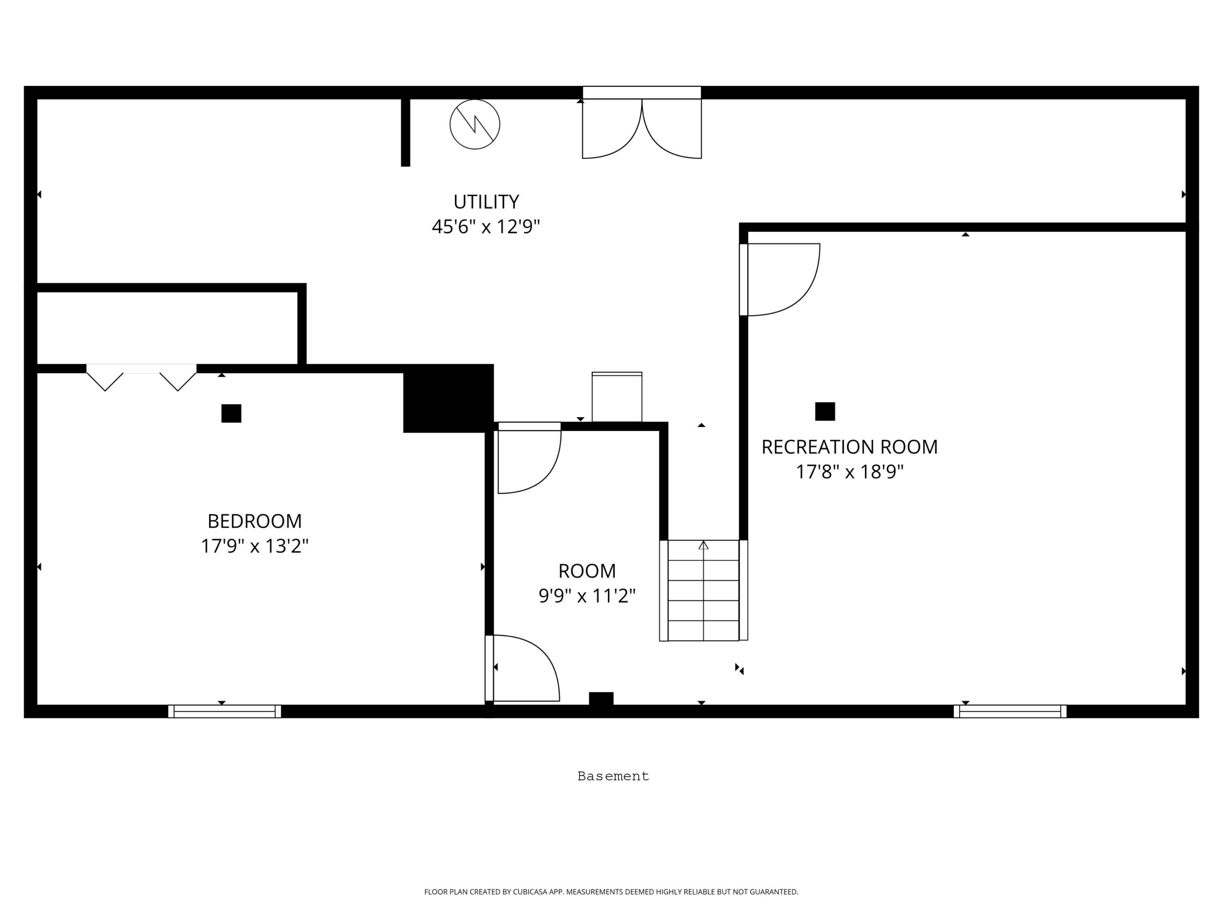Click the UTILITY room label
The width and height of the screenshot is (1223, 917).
point(486,202)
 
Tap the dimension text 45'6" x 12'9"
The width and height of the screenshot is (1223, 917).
point(486,227)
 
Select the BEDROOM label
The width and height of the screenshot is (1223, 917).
point(254,521)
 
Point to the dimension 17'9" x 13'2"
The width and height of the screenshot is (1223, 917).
point(254,546)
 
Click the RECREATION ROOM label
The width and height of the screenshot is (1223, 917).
point(849,447)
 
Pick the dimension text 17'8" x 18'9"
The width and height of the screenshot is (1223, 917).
point(849,472)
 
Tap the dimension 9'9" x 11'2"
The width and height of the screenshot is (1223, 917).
point(587,596)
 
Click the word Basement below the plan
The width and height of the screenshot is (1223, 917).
point(613,776)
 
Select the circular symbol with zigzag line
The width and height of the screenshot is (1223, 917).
point(475,124)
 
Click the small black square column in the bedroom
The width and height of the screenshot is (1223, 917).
point(231,413)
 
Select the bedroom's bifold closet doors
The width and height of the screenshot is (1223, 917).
point(141,377)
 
